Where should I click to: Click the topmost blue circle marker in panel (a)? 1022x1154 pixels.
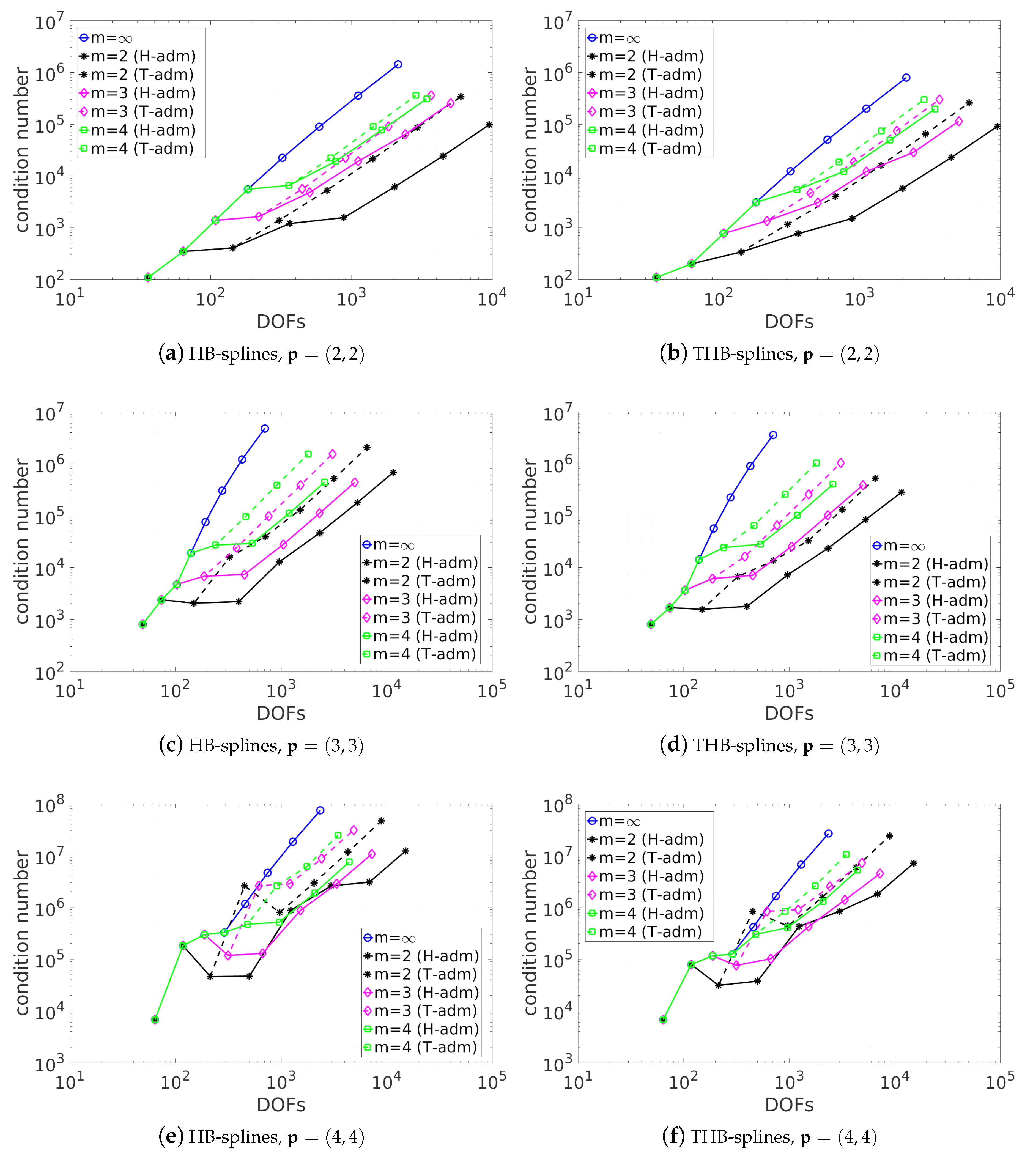click(398, 64)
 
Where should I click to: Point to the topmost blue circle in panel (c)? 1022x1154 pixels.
click(265, 429)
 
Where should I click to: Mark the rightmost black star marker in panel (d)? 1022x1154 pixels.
click(901, 492)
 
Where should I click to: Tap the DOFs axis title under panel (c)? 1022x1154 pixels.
click(281, 714)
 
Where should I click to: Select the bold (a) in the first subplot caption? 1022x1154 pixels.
click(171, 354)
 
